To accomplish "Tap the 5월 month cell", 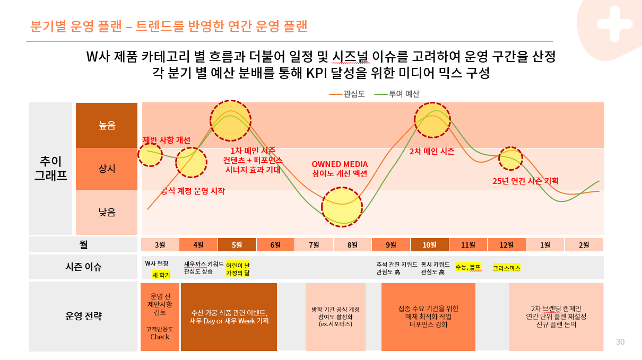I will [x=237, y=244].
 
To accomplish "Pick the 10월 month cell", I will [x=429, y=244].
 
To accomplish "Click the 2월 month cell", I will [x=584, y=244].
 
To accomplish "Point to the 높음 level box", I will [x=107, y=125].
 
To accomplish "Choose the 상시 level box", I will [x=107, y=169].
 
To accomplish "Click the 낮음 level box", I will [x=107, y=212].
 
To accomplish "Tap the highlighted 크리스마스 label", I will [x=507, y=268].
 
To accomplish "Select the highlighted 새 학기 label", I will [x=161, y=275].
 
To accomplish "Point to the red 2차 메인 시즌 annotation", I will [x=432, y=151].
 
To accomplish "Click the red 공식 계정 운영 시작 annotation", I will [x=193, y=191].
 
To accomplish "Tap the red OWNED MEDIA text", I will [x=340, y=164].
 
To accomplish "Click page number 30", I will [x=620, y=342].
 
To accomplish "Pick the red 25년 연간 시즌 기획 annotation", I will [x=525, y=181].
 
